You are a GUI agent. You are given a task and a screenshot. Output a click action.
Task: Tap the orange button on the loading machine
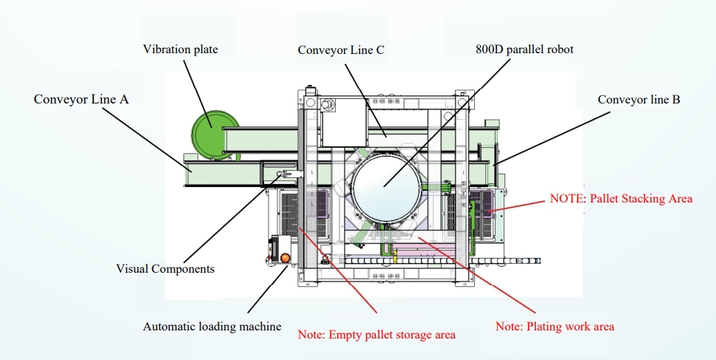click(x=284, y=258)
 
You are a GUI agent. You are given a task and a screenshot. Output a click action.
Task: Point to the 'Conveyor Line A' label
click(x=81, y=98)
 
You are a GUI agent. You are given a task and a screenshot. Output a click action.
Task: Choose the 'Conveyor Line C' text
click(x=342, y=50)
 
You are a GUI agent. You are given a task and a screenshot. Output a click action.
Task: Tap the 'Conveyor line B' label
click(x=639, y=99)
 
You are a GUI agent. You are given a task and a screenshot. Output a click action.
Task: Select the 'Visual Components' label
click(x=165, y=268)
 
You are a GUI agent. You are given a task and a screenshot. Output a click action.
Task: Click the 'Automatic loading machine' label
click(x=212, y=326)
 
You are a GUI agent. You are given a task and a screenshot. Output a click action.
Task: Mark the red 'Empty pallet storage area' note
click(x=376, y=334)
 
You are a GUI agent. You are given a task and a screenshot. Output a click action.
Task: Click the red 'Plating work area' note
click(x=555, y=326)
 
